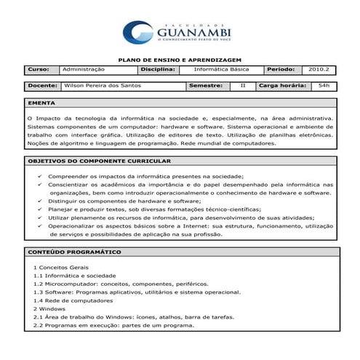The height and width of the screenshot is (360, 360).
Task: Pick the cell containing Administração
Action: (97, 69)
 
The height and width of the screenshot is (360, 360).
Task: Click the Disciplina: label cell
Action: (158, 69)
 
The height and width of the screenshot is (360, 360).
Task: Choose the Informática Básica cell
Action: (221, 69)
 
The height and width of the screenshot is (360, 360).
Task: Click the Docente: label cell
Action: (43, 86)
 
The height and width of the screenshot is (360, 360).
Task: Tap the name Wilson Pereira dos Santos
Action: (103, 86)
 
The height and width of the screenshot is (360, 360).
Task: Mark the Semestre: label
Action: (206, 86)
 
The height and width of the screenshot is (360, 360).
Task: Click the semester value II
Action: (243, 86)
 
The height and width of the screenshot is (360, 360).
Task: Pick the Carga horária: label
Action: (282, 86)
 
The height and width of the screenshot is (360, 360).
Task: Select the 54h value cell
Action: (324, 86)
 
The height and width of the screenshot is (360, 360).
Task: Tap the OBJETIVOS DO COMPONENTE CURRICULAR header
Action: (99, 161)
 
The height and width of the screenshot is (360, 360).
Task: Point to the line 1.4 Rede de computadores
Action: (73, 300)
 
